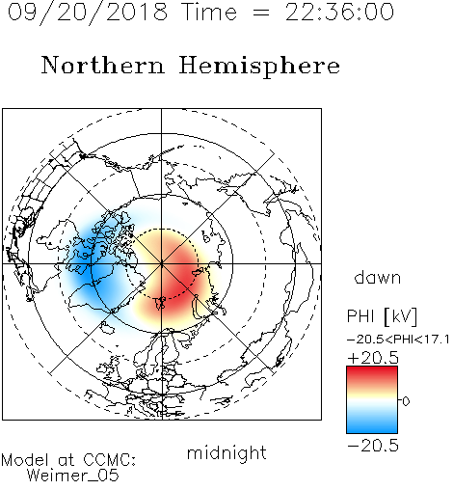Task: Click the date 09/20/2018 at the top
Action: coord(88,13)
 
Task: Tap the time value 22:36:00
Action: coord(339,12)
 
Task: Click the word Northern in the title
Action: coord(103,65)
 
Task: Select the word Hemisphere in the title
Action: coord(259,67)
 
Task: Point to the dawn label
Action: coord(378,277)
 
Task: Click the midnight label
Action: coord(226,453)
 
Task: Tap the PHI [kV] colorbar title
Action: coord(383,316)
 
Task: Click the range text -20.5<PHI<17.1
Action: coord(398,340)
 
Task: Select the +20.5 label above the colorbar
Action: coord(373,358)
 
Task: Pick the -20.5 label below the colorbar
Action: coord(373,446)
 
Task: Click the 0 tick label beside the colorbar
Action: coord(406,401)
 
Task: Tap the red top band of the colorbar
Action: coord(372,372)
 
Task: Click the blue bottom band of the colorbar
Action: coord(372,427)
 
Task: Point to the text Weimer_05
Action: coord(73,476)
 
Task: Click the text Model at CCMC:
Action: coord(68,460)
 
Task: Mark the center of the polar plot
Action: coord(162,263)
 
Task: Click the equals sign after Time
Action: coord(261,14)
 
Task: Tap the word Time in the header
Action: coord(209,12)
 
